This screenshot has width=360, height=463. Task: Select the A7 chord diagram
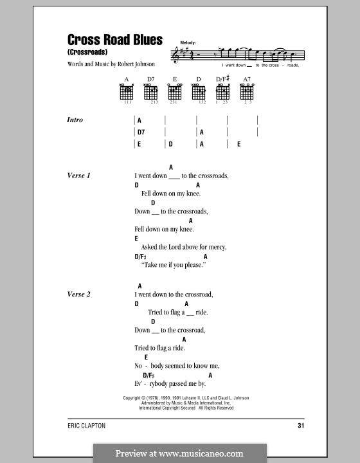pos(246,93)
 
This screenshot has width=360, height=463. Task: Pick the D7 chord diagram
pos(151,93)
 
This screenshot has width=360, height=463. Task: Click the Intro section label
pos(75,120)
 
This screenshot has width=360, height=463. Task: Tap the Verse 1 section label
pos(79,176)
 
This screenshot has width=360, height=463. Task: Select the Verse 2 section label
pos(79,295)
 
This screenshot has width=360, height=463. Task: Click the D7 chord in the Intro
pos(141,132)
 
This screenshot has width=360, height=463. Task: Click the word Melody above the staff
pos(188,42)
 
